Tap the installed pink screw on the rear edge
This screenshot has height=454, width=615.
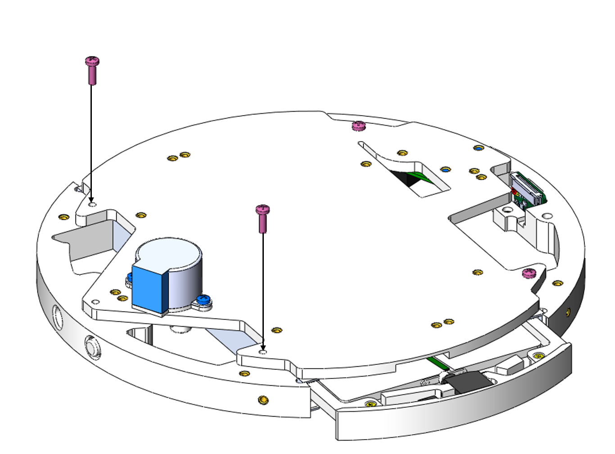point(358,126)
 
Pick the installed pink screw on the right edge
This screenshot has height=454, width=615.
point(529,273)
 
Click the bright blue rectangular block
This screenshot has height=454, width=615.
point(149,290)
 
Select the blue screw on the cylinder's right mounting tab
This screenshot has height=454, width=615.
point(204,298)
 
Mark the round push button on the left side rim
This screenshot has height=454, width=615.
point(93,348)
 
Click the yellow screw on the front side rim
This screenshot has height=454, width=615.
point(263,400)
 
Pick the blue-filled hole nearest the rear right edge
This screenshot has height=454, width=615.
point(478,148)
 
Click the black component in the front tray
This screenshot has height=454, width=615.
point(468,382)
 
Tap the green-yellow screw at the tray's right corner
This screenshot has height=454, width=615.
point(538,356)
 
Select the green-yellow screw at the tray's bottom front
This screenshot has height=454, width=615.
point(370,404)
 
